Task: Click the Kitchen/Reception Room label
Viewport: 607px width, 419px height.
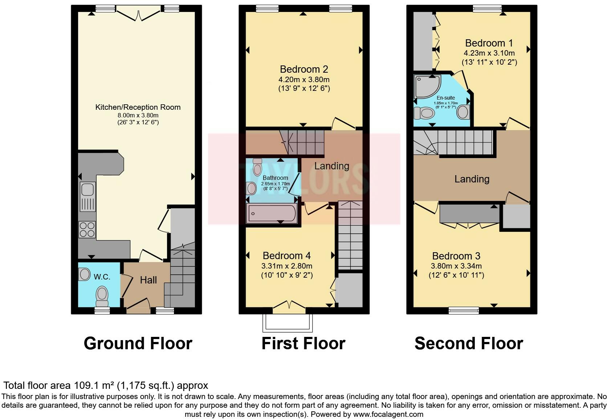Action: click(138, 107)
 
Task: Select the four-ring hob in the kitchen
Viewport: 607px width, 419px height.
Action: click(87, 229)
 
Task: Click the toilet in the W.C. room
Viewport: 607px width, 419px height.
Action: click(102, 295)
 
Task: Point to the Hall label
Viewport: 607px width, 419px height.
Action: click(148, 280)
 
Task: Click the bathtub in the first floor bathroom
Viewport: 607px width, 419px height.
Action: click(272, 213)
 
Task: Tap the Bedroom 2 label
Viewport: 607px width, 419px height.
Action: click(304, 69)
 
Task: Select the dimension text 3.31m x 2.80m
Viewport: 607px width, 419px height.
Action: click(287, 266)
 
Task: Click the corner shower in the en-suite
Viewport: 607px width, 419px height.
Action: click(427, 86)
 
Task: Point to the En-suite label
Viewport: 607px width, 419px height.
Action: click(446, 98)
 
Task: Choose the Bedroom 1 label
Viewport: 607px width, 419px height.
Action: click(489, 43)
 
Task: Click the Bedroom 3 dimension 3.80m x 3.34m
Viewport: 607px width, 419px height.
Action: click(456, 266)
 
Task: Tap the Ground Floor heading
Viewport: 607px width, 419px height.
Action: click(138, 343)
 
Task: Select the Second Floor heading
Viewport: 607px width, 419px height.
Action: click(469, 343)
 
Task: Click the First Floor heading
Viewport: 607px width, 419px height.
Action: click(303, 343)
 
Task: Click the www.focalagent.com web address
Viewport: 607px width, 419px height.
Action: click(388, 414)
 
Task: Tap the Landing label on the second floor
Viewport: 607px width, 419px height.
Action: click(472, 179)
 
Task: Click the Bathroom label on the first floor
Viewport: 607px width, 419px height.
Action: click(275, 178)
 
